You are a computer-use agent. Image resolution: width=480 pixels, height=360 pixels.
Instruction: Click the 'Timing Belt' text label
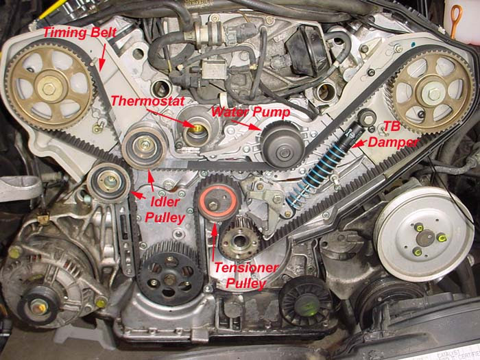(x=80, y=33)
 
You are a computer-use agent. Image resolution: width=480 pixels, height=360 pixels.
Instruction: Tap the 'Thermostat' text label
(x=148, y=101)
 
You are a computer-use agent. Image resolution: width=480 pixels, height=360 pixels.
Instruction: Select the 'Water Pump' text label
(x=250, y=112)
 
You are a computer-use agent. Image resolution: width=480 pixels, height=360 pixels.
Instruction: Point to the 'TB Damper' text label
(x=393, y=134)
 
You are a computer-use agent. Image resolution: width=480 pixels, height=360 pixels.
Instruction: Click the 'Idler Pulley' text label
(x=165, y=210)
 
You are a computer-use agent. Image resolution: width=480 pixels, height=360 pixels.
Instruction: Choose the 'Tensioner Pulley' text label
(x=246, y=276)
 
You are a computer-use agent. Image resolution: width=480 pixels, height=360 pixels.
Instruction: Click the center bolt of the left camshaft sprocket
(x=49, y=88)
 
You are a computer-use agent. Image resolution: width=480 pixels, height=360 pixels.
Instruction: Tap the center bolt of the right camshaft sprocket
(x=434, y=94)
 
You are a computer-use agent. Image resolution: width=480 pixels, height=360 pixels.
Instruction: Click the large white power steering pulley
(x=423, y=234)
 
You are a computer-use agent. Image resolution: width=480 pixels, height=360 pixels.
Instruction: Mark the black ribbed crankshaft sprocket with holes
(x=170, y=274)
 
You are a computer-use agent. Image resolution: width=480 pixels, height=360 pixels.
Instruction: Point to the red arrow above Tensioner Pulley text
(x=214, y=242)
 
